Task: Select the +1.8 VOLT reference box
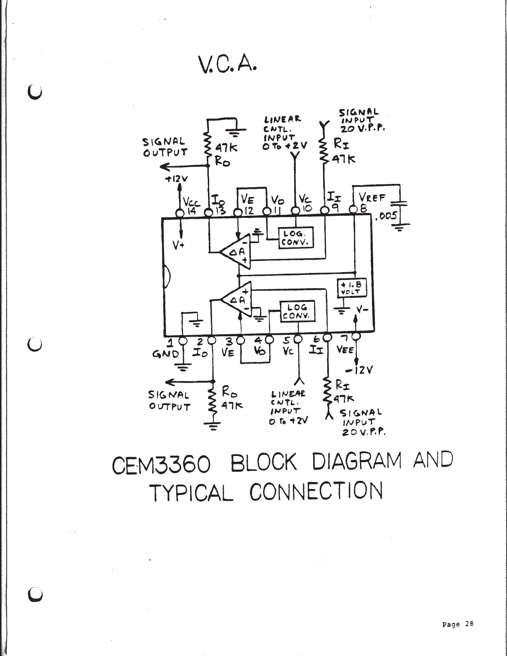click(x=350, y=288)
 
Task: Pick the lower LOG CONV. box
click(x=298, y=311)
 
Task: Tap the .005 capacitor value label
click(x=386, y=216)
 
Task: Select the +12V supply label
click(x=176, y=179)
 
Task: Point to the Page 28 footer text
click(x=458, y=624)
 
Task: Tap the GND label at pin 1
click(x=165, y=355)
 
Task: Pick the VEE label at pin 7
click(x=345, y=350)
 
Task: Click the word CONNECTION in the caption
click(x=316, y=491)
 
